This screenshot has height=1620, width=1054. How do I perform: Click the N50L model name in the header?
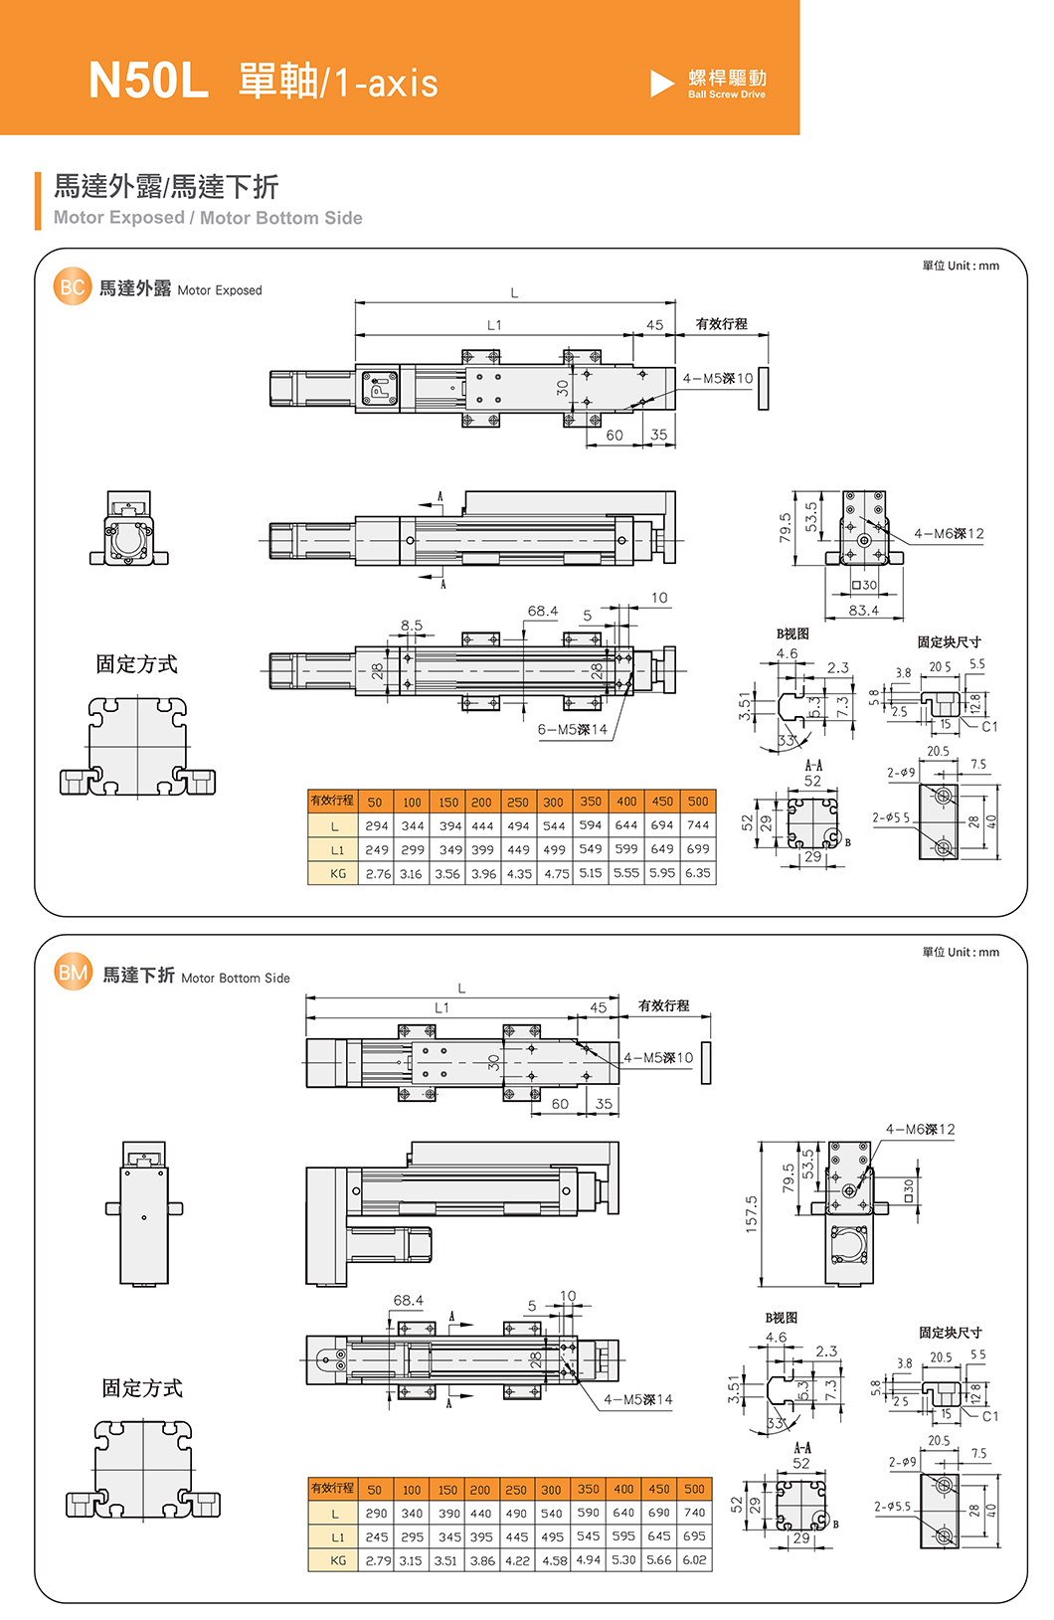[x=148, y=81]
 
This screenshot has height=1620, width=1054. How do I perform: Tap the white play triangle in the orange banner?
[x=662, y=84]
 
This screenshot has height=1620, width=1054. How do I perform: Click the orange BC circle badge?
[x=72, y=287]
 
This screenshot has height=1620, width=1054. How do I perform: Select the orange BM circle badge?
[x=73, y=973]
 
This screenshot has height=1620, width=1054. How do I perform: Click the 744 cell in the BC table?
[x=698, y=825]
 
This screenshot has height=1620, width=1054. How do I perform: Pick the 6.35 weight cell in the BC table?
[x=698, y=873]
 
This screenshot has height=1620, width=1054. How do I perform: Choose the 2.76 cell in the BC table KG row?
[x=377, y=874]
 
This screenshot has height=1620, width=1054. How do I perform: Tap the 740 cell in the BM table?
[x=694, y=1513]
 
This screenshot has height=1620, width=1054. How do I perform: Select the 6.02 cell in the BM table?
[x=694, y=1560]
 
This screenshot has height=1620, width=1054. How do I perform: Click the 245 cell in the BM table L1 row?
[x=376, y=1536]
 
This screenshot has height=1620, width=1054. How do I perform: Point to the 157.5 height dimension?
[x=751, y=1214]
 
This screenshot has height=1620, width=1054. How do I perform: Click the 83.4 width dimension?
[x=863, y=611]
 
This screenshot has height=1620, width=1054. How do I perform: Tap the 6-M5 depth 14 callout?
[x=573, y=730]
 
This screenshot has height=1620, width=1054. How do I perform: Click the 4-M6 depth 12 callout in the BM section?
[x=920, y=1130]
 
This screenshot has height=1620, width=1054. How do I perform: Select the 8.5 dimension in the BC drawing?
[x=412, y=626]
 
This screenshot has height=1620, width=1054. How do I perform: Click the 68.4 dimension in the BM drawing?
[x=408, y=1301]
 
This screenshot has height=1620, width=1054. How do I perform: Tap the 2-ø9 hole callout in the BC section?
[x=901, y=773]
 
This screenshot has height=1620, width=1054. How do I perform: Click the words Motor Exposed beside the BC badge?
[x=220, y=290]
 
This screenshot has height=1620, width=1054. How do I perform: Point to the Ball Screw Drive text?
[x=727, y=94]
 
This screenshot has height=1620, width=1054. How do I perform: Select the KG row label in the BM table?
[x=338, y=1560]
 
